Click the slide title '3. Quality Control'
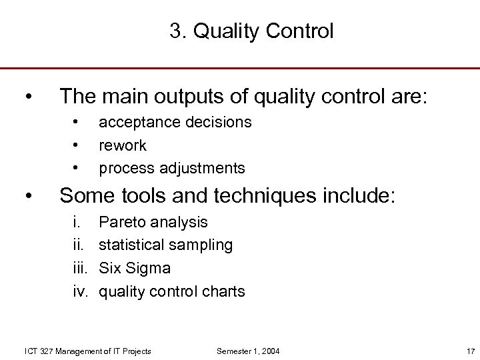[251, 31]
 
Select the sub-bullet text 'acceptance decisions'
[175, 122]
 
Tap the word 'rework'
[123, 145]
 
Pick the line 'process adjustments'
[172, 168]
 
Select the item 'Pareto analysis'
[153, 222]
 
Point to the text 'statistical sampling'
[166, 245]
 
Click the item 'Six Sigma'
[135, 268]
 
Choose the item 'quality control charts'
[172, 291]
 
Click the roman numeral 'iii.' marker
[81, 268]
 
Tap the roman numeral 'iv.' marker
[81, 291]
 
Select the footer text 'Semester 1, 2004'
[248, 351]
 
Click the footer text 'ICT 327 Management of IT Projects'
[87, 351]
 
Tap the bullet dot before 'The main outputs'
[27, 97]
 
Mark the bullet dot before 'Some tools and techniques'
[27, 196]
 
